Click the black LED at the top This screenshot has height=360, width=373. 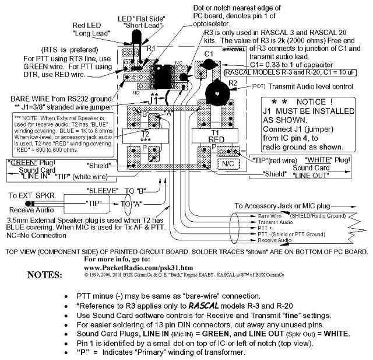137,37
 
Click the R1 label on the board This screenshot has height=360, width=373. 150,49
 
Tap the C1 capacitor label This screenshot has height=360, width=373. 208,54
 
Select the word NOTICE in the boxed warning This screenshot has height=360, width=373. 312,102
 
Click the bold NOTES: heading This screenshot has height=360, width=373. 45,274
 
